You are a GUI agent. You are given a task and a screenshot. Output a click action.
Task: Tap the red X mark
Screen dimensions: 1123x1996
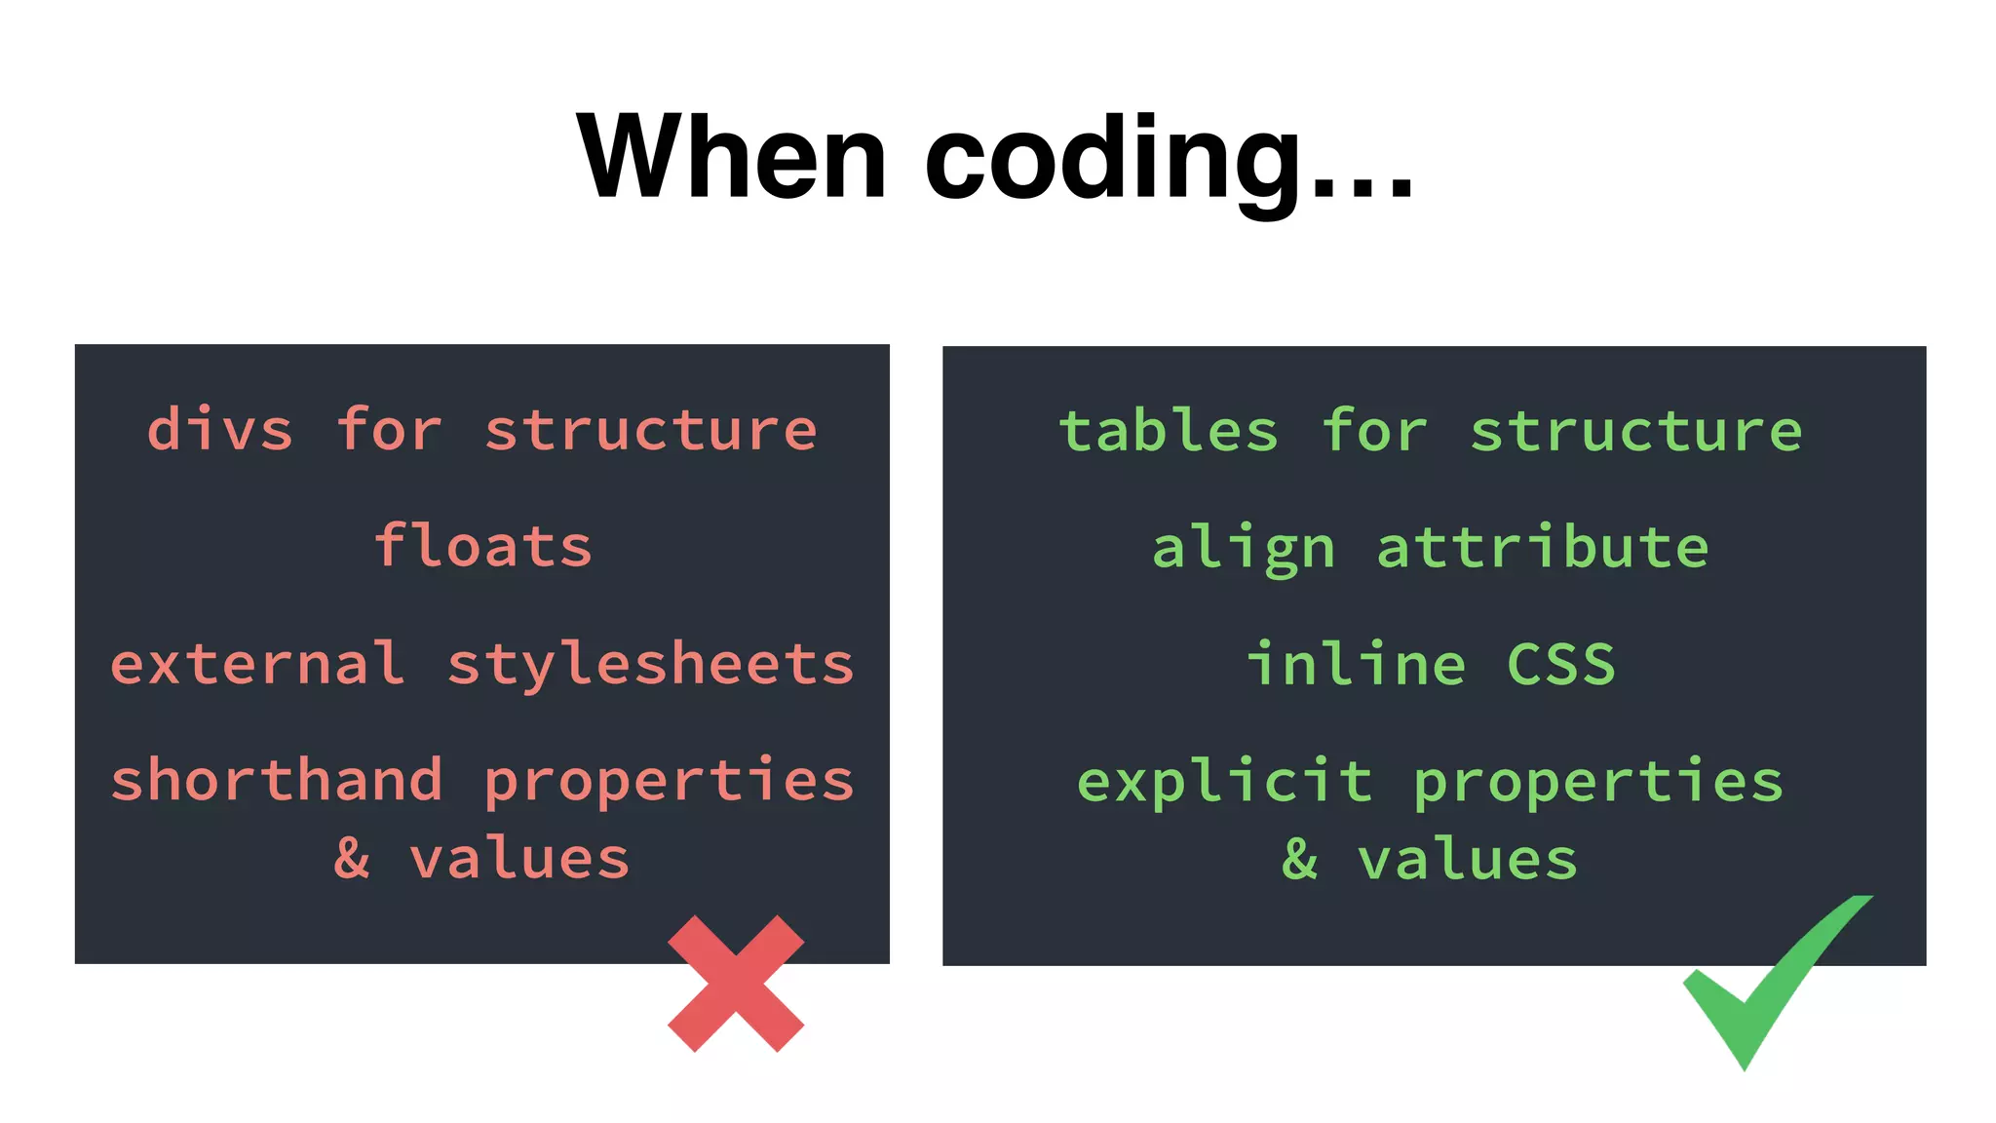point(736,984)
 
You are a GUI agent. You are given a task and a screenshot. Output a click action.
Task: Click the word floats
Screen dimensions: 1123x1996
point(483,545)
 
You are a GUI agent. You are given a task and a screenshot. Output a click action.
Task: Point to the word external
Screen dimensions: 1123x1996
point(257,664)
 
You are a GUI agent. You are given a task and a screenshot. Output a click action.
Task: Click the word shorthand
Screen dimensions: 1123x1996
point(277,780)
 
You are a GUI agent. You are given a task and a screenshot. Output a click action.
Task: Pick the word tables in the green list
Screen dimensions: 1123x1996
point(1168,430)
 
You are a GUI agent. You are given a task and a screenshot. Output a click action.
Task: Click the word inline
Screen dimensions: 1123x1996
point(1356,664)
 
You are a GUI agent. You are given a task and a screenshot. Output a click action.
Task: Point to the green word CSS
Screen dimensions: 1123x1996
point(1561,665)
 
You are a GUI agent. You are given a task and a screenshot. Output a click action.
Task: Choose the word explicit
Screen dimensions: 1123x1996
point(1225,782)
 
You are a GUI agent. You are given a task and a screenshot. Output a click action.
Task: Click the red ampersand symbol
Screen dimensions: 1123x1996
point(352,859)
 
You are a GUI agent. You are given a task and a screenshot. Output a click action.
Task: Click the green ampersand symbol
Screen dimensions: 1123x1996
point(1300,859)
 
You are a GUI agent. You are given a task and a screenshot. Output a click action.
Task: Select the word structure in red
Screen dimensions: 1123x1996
point(651,430)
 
